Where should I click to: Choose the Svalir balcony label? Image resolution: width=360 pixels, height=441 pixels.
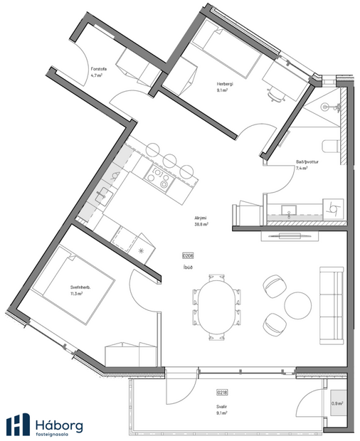[223, 409]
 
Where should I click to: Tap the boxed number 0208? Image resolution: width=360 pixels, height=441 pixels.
[188, 255]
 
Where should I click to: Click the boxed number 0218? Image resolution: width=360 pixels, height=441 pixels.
[222, 392]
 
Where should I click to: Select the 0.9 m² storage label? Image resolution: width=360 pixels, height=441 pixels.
[337, 403]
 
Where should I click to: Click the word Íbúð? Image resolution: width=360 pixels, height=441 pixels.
[188, 267]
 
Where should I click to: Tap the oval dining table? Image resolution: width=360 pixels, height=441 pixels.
[216, 305]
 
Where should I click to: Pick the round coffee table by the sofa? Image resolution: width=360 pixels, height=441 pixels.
[298, 305]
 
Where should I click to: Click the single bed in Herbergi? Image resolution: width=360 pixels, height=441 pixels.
[226, 54]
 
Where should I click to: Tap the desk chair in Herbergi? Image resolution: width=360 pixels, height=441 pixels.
[275, 94]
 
